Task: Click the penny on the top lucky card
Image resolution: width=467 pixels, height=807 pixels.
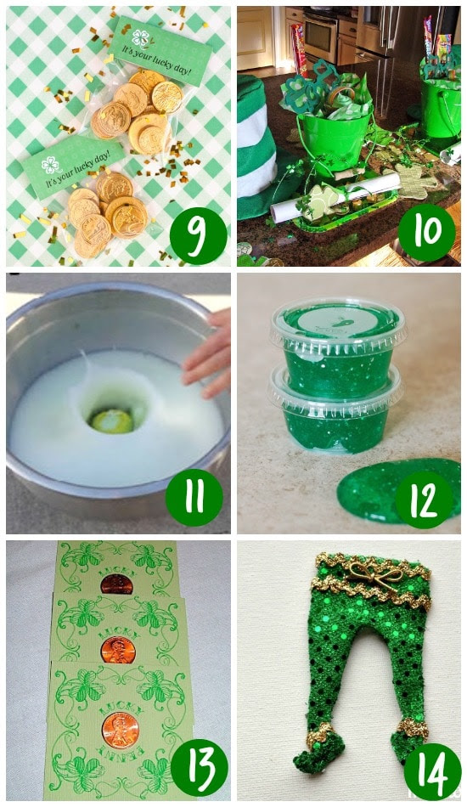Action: coord(115,584)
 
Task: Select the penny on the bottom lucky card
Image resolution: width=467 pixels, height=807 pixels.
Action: coord(120,730)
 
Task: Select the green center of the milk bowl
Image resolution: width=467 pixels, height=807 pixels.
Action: coord(113,420)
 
